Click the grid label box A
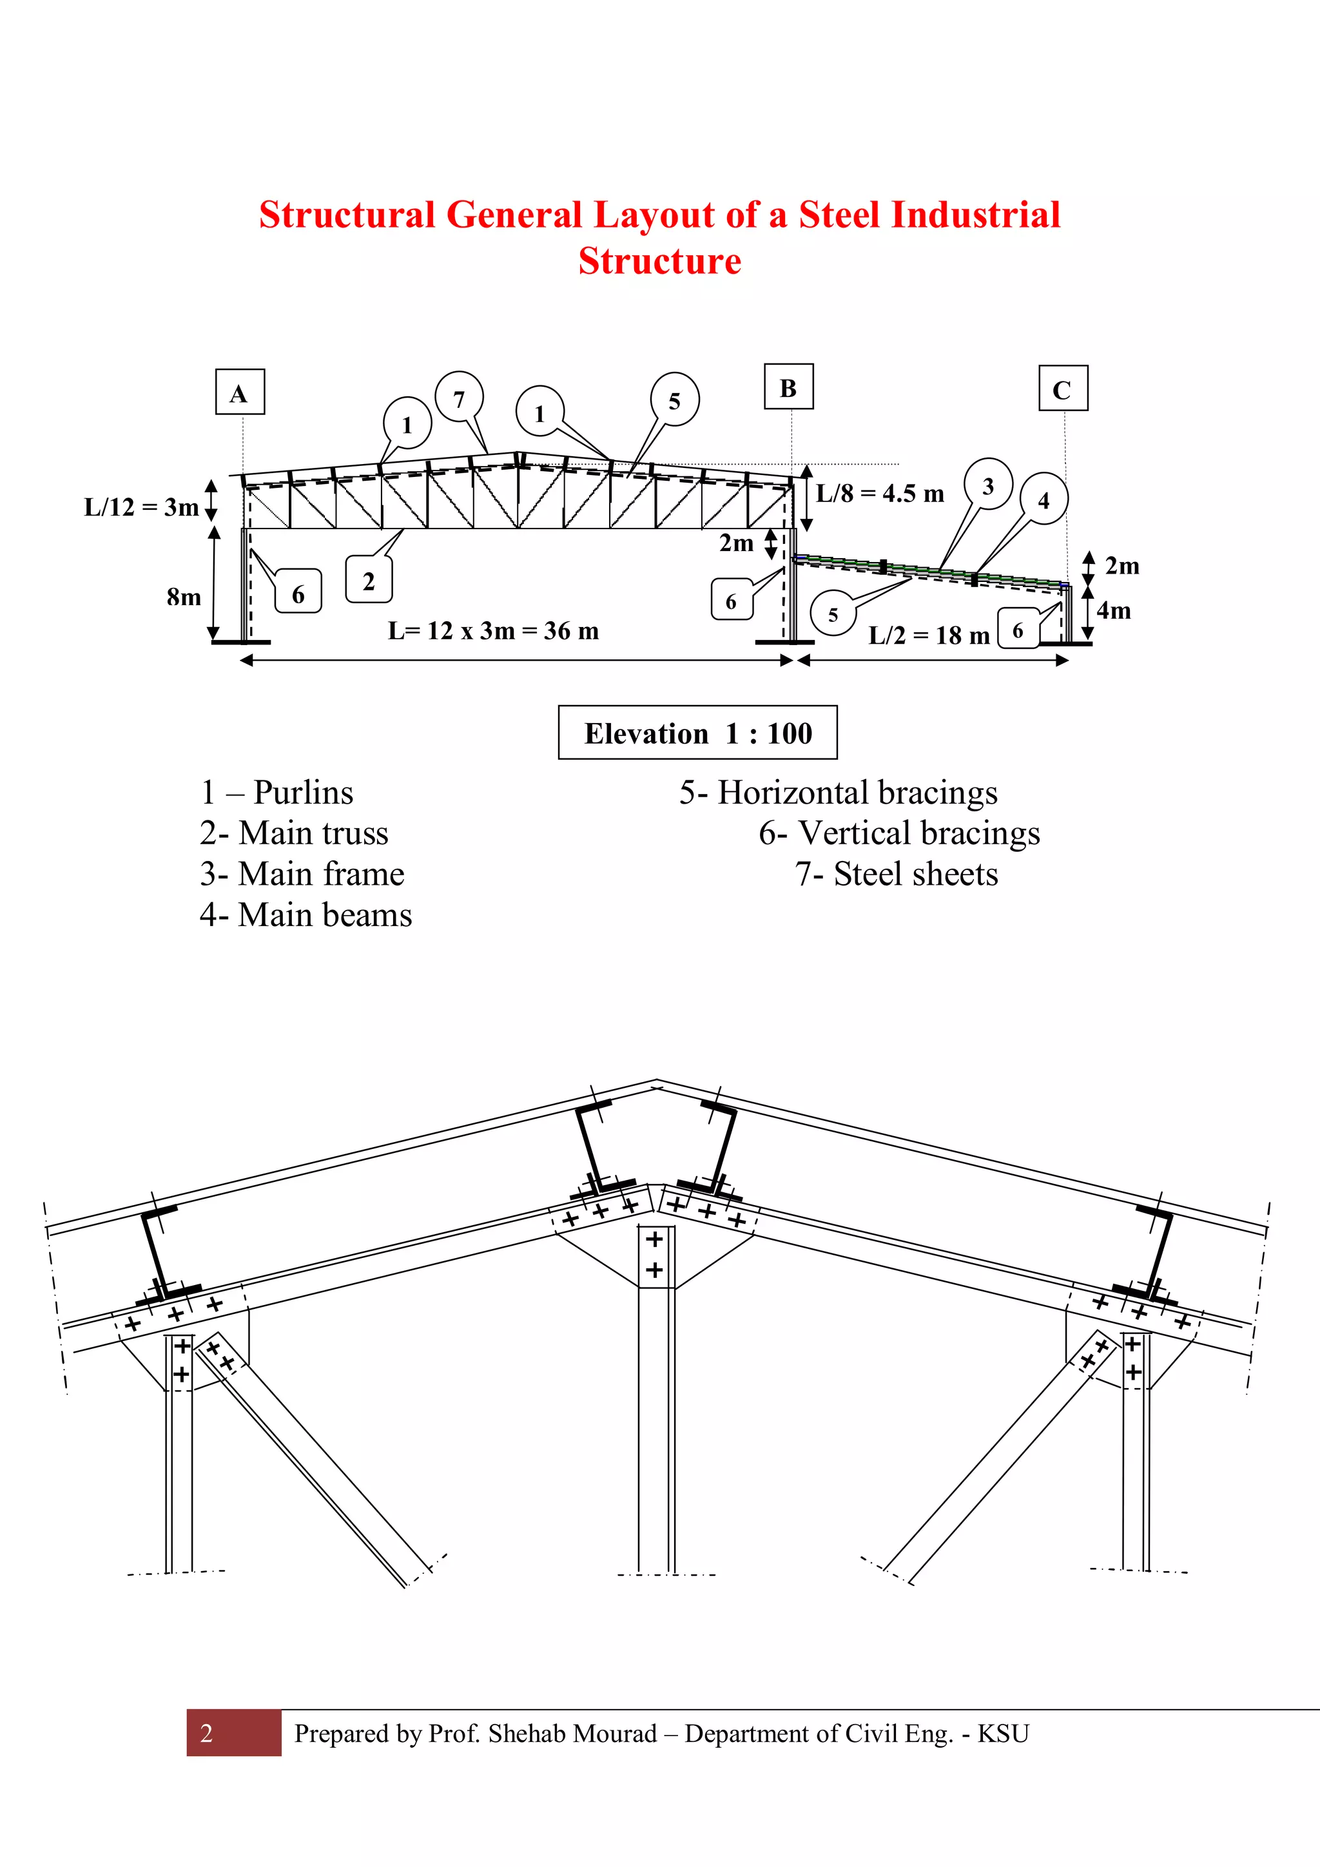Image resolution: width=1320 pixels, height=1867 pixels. [240, 392]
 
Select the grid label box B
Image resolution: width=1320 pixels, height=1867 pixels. [789, 387]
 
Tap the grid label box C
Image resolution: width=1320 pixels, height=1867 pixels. [1063, 389]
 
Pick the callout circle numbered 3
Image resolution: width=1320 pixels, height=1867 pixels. [988, 485]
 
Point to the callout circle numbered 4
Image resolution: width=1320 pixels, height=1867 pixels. [1043, 499]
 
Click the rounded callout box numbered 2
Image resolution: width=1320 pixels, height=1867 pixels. [369, 580]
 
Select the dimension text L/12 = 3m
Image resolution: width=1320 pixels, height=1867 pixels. [142, 507]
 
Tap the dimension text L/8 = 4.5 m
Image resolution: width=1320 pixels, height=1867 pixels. [880, 494]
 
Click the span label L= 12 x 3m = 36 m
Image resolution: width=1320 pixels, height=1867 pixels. [493, 630]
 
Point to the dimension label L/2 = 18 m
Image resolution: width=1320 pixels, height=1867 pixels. [929, 635]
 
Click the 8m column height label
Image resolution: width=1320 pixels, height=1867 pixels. [184, 597]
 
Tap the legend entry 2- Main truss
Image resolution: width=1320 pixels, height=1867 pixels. [294, 833]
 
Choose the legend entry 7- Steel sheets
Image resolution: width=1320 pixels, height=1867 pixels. [897, 874]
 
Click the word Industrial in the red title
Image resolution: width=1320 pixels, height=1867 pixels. [975, 215]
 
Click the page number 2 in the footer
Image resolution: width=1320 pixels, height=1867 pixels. [207, 1733]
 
